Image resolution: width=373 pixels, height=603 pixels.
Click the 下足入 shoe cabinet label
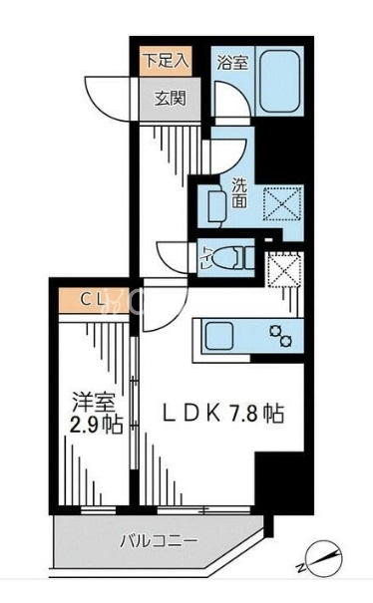165,59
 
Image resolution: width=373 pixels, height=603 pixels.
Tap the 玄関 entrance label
166,97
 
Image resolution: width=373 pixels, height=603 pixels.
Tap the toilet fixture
223,257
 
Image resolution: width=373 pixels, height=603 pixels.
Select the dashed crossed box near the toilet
284,268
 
